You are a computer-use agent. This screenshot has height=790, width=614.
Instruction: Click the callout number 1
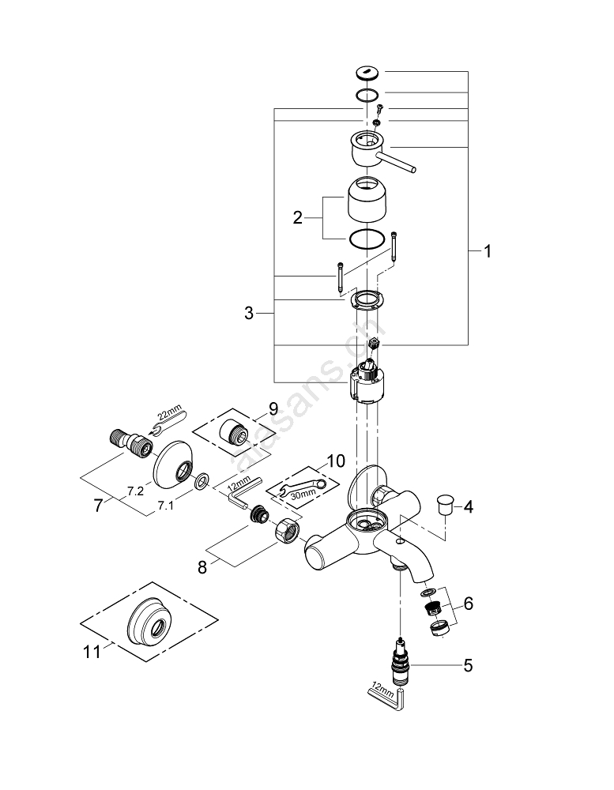point(488,252)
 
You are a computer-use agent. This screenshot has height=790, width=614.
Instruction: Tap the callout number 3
point(249,314)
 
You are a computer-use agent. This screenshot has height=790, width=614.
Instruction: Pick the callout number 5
point(468,665)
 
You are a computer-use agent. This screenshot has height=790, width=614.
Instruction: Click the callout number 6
point(468,604)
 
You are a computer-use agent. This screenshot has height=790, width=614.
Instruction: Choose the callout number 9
point(273,408)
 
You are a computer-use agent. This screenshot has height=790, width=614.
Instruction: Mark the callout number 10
point(335,461)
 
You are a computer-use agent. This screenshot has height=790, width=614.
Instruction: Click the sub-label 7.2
point(135,491)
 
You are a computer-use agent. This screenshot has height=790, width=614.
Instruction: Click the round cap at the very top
point(368,73)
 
